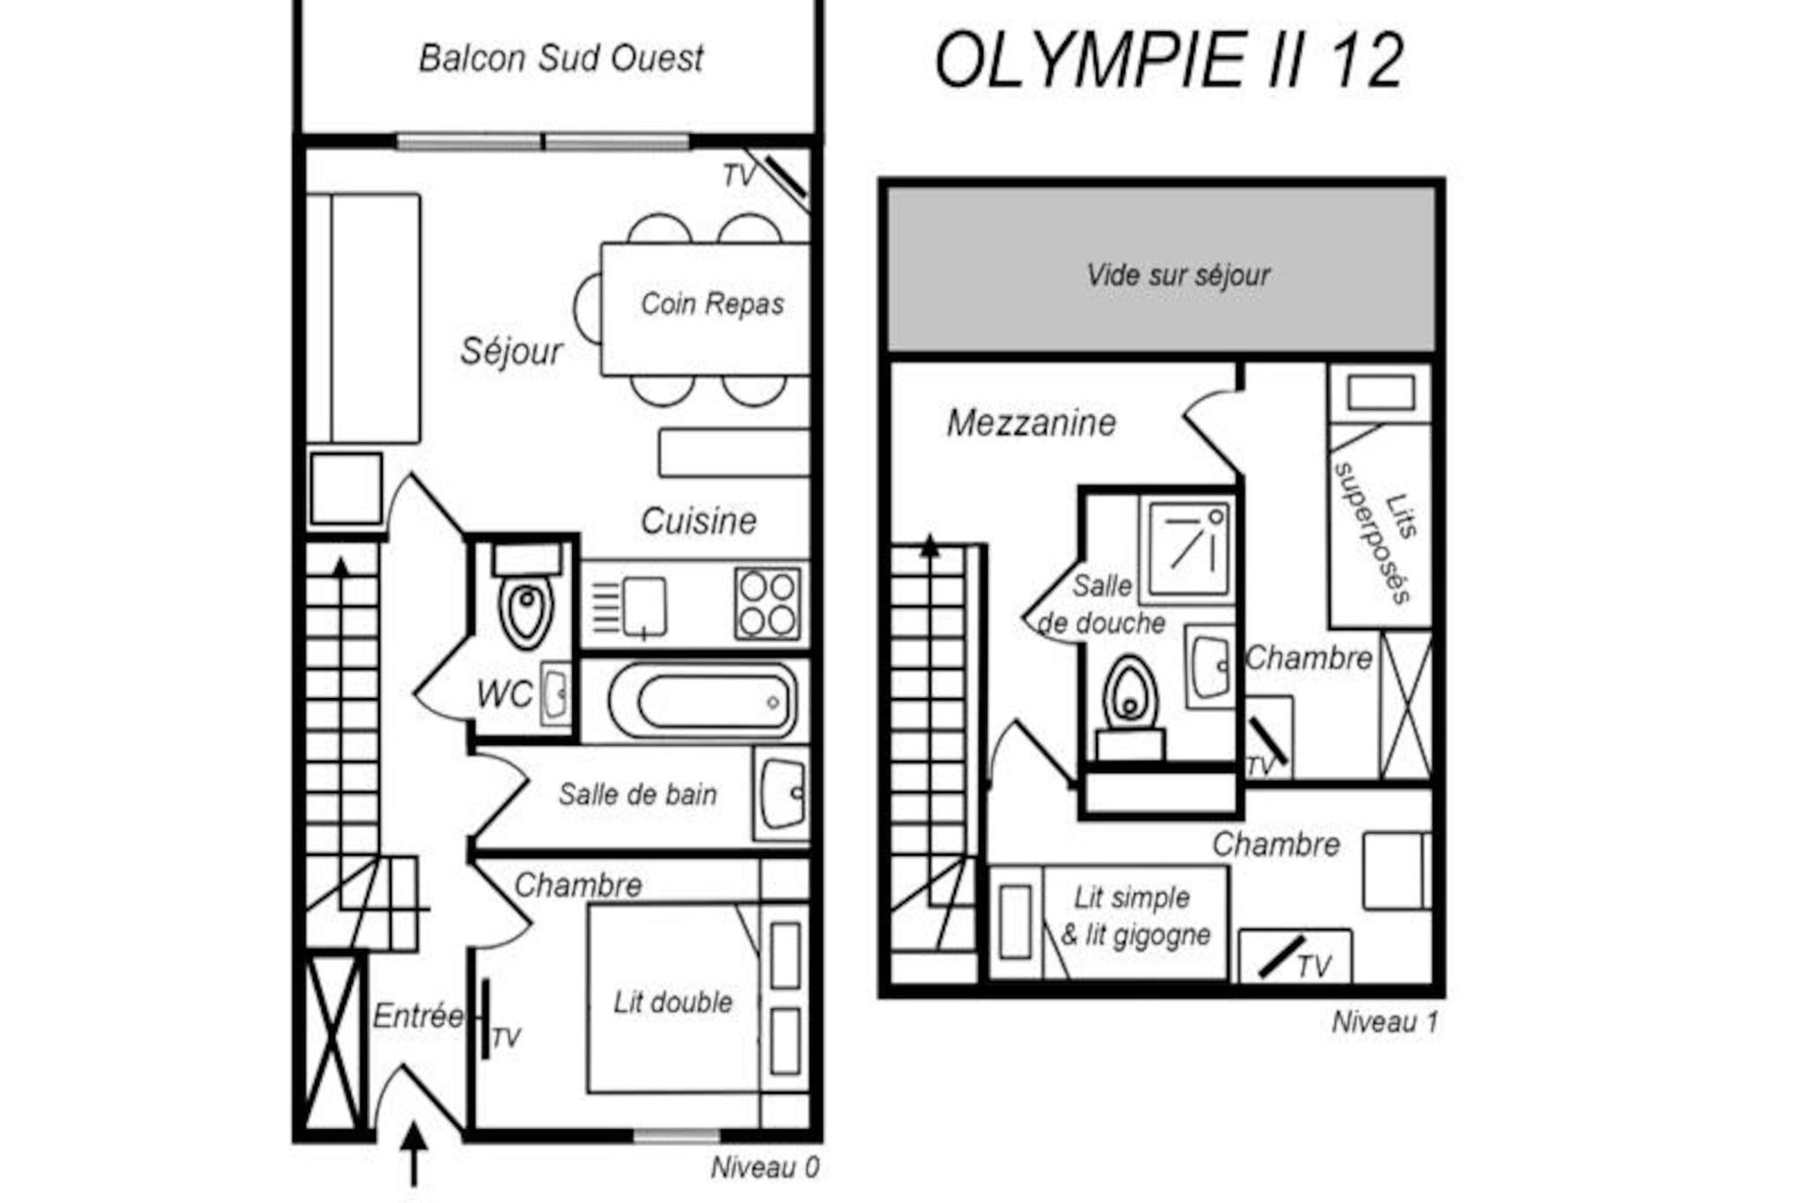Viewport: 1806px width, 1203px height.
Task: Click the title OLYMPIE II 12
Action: (1168, 61)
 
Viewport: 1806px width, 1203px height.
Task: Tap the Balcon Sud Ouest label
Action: (561, 59)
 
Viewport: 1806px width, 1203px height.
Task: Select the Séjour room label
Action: (511, 352)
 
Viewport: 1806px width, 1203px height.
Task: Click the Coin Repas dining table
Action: (705, 308)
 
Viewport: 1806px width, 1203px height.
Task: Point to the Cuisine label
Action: (698, 521)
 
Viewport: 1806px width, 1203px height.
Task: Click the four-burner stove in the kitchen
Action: (767, 604)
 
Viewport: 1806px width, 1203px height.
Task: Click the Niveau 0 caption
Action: (765, 1168)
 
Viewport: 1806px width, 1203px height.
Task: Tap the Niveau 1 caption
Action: (1384, 1022)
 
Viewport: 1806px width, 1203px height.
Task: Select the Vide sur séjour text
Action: (1178, 275)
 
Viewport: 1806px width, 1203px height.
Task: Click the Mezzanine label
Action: (1031, 423)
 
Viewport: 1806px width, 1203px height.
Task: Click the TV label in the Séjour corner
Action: (739, 176)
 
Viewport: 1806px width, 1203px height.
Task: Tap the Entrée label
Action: (417, 1016)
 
